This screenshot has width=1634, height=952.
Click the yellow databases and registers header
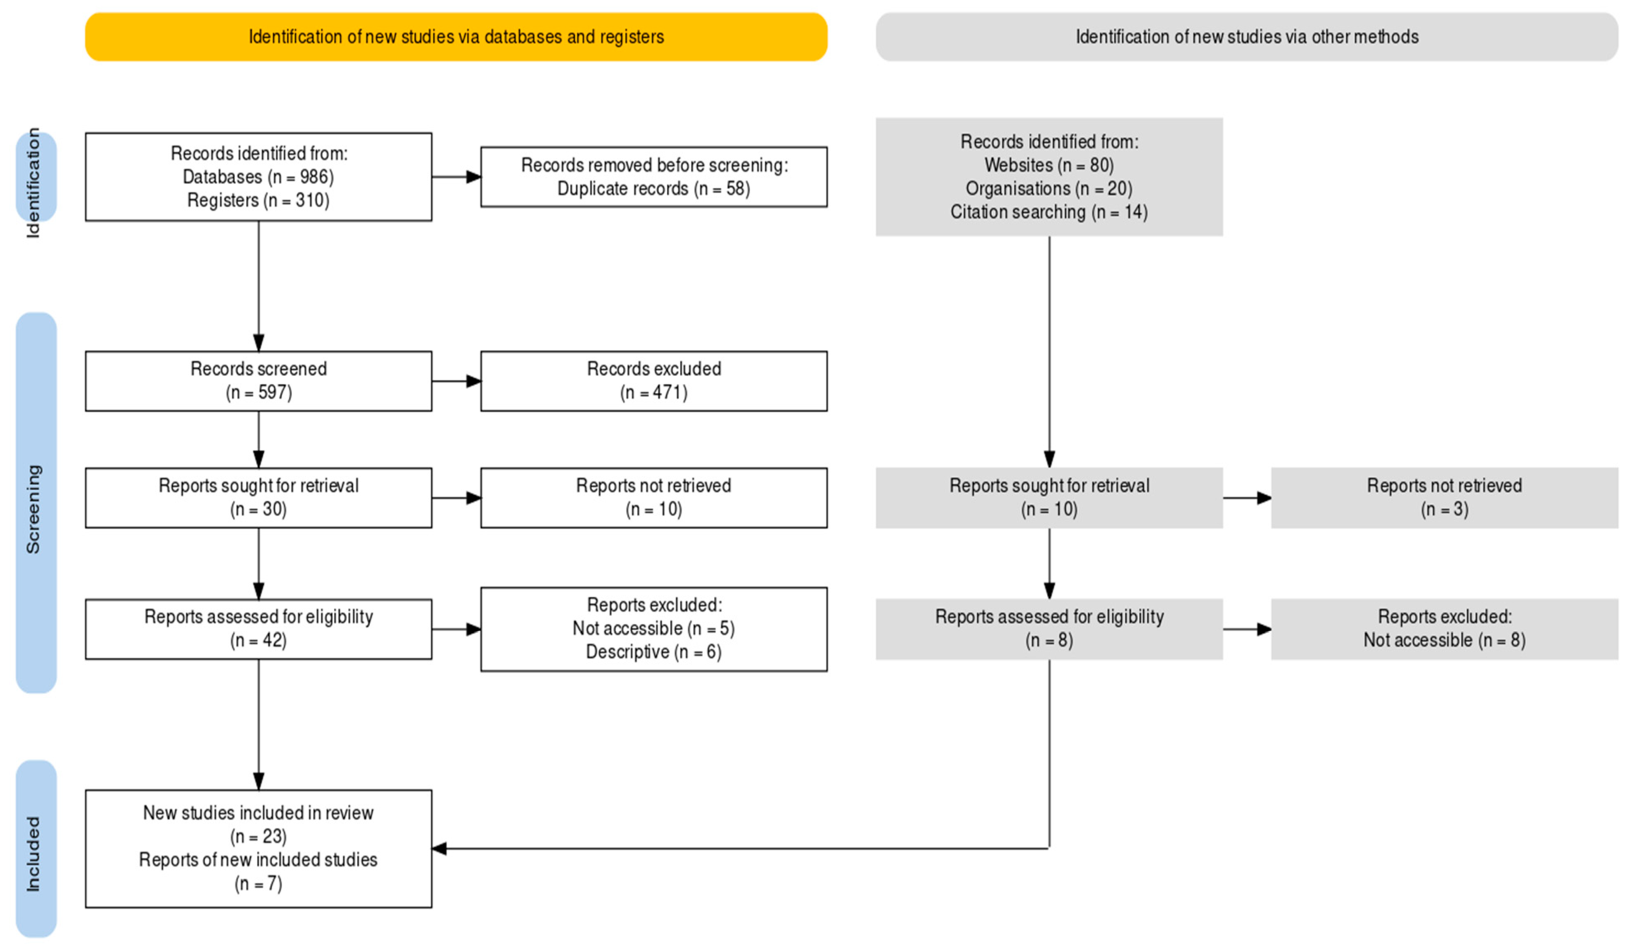(456, 37)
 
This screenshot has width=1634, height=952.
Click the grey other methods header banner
(1246, 37)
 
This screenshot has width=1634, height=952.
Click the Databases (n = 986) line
(258, 177)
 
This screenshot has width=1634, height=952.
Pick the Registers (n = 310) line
(258, 200)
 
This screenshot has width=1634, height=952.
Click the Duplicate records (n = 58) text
(653, 189)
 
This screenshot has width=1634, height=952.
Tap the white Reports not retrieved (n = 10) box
(653, 497)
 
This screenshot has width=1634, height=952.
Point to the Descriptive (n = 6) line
(653, 651)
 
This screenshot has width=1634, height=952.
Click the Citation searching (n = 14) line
(1048, 212)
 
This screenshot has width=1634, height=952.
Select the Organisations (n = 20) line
(1048, 189)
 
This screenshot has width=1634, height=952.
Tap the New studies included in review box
(258, 848)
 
